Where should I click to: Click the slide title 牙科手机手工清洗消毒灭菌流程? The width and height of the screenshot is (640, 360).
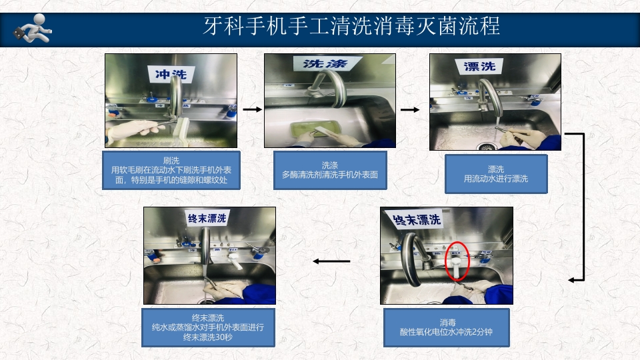point(351,27)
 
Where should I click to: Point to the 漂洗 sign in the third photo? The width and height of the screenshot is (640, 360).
point(479,66)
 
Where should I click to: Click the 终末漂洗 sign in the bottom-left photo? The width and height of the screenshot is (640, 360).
point(207,218)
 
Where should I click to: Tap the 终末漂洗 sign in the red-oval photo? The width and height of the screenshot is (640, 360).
point(417,219)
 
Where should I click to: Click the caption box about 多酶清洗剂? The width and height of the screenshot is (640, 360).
point(330,170)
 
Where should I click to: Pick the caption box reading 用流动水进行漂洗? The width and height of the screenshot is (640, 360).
point(495,174)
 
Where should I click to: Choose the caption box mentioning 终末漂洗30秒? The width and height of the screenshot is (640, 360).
point(208,327)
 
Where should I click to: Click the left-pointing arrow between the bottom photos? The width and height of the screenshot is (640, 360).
point(331,261)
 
